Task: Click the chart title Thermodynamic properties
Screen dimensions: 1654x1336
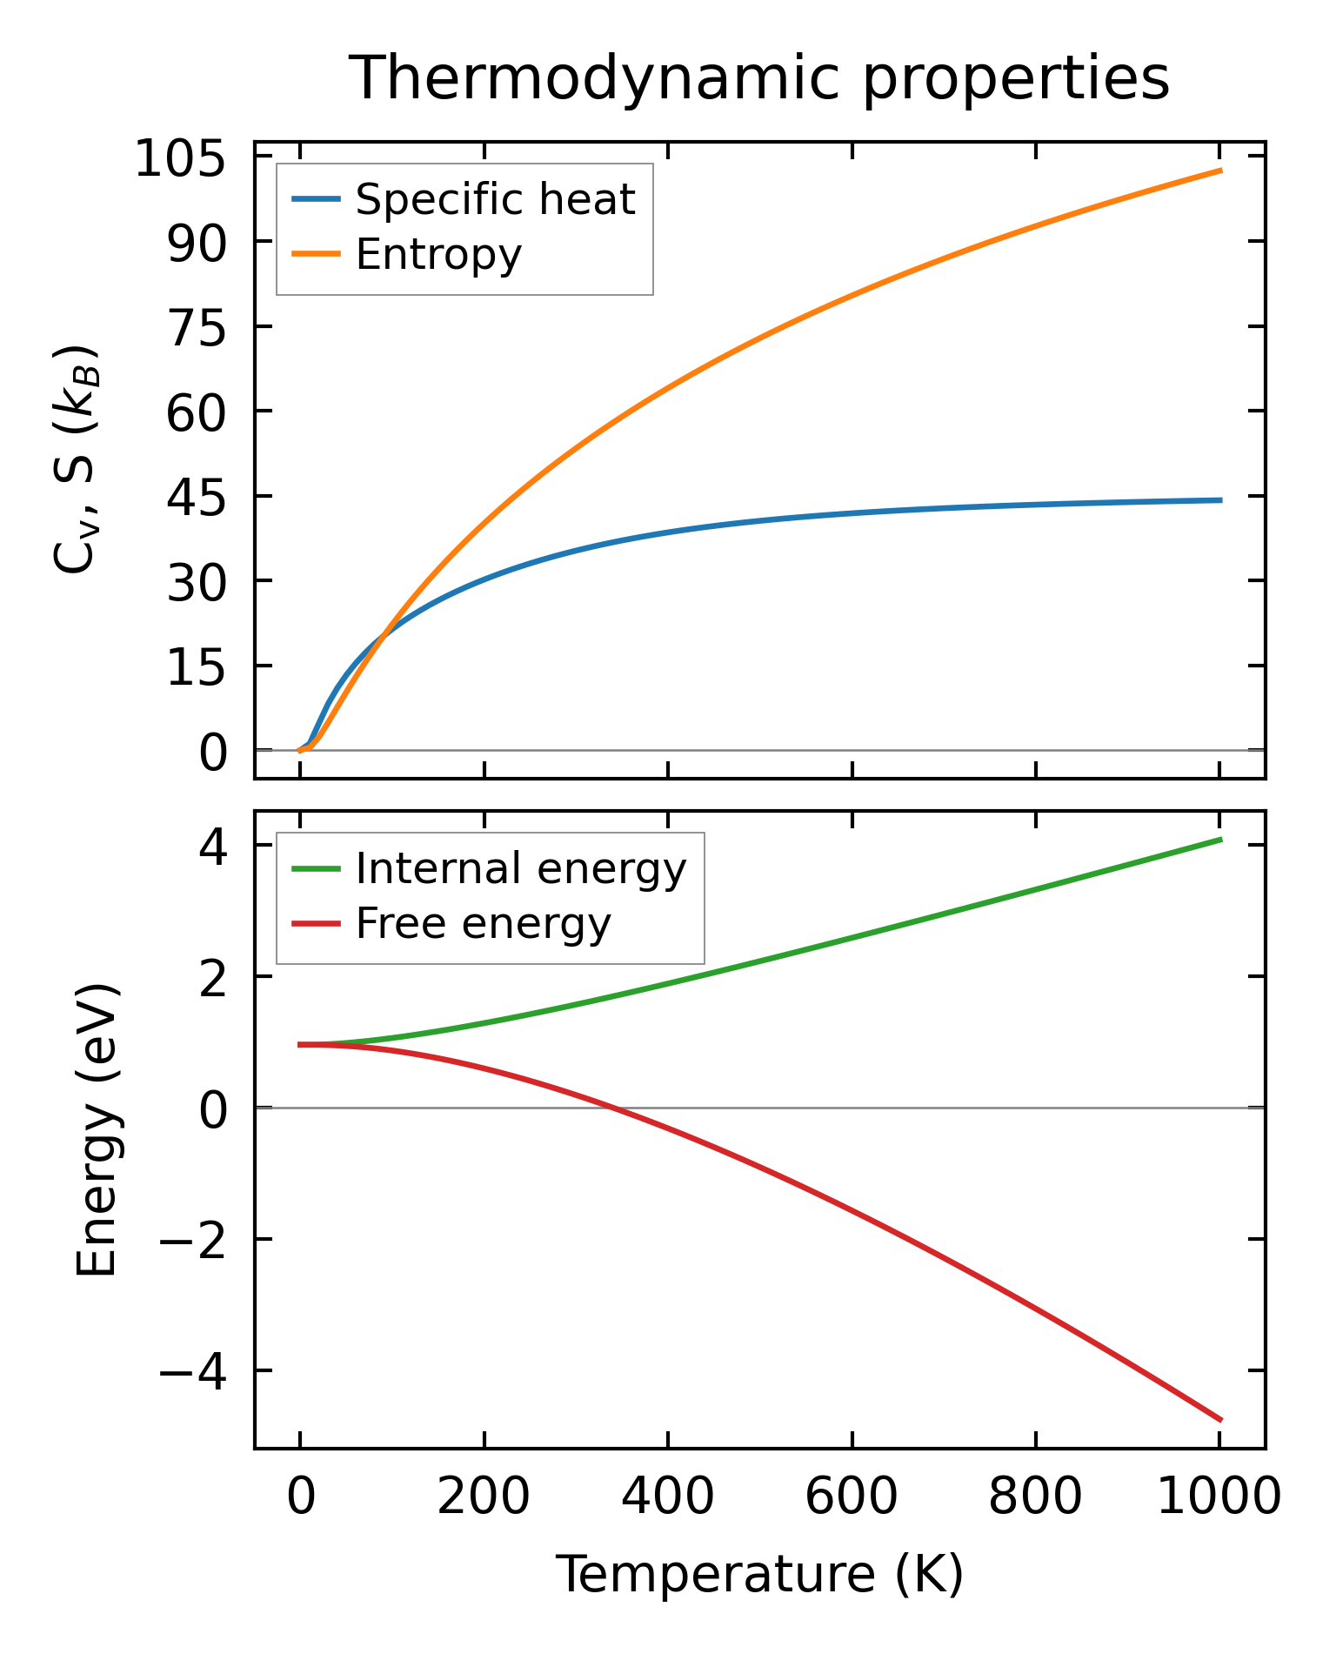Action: coord(758,78)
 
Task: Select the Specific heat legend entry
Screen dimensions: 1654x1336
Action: coord(495,199)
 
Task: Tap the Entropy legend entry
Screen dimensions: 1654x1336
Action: coord(438,254)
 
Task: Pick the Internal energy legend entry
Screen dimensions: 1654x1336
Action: coord(520,868)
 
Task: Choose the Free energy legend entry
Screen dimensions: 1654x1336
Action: coord(483,923)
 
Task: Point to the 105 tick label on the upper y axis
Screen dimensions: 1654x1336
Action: coord(180,160)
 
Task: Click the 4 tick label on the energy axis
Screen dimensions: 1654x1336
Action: coord(214,847)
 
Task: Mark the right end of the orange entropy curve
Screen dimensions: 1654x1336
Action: coord(1221,171)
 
